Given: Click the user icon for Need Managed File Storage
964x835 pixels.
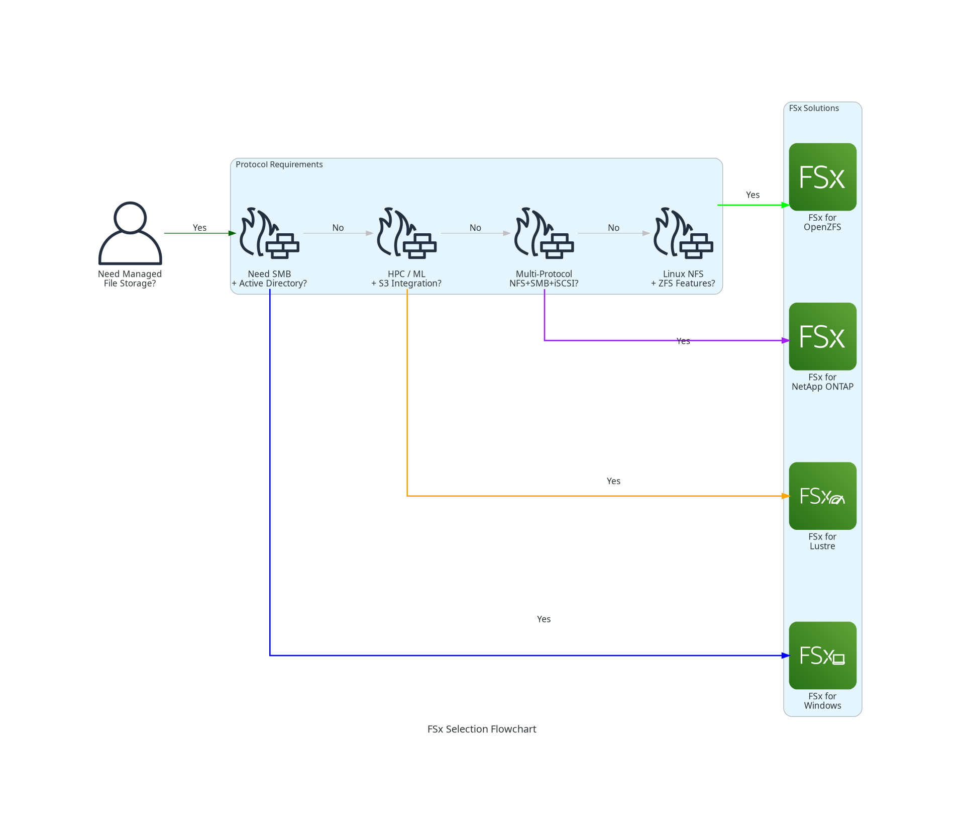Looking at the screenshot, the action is (130, 233).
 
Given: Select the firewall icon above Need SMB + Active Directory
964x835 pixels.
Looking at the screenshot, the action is (270, 233).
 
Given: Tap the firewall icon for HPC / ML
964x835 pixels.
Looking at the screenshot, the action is (407, 233).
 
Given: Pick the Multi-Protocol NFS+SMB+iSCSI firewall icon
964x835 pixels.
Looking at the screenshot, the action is (544, 233).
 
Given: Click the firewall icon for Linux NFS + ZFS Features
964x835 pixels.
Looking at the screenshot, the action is (683, 233).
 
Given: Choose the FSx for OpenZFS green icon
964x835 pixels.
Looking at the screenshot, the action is (822, 177).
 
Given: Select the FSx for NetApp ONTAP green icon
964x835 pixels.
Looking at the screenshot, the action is (822, 336).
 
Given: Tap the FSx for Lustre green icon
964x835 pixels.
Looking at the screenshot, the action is (822, 496).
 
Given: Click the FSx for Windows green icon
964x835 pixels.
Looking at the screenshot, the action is (822, 655).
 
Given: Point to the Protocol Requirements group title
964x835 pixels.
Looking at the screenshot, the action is (279, 164).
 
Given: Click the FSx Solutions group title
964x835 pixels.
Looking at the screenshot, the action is (814, 108).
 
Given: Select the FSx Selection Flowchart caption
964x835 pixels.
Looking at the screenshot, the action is (482, 729).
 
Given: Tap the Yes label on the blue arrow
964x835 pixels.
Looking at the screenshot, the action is (544, 619).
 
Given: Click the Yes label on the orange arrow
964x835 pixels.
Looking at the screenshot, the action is (613, 481).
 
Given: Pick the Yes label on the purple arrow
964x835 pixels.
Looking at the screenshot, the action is (683, 341).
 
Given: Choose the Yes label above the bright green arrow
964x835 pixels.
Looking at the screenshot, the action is (753, 195).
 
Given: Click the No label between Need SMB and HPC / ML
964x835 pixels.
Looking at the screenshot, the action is (338, 228).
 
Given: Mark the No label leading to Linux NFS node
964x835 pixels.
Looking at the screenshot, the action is (613, 228).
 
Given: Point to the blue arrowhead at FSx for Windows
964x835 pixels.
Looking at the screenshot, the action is (786, 656).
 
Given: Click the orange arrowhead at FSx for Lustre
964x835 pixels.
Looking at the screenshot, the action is (786, 496).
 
